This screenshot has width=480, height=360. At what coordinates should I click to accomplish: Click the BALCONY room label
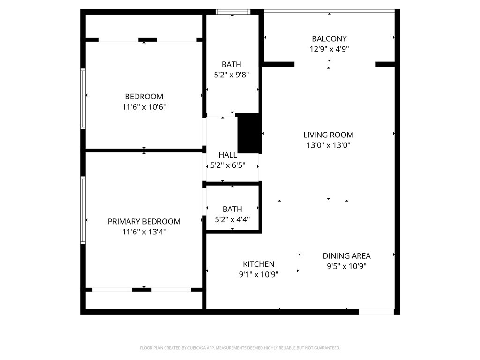click(x=329, y=39)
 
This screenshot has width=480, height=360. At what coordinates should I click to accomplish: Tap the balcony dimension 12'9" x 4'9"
click(x=329, y=49)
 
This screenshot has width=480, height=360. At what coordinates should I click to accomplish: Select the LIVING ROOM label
click(x=328, y=135)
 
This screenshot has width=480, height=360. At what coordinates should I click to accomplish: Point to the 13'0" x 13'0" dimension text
click(x=328, y=145)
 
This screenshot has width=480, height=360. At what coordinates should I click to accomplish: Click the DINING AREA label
click(x=346, y=256)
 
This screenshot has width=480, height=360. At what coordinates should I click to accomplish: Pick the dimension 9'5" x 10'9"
click(x=346, y=266)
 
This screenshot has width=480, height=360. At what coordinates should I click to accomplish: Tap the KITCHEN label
click(x=258, y=264)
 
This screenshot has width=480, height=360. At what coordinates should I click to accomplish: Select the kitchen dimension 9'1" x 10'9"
click(x=258, y=275)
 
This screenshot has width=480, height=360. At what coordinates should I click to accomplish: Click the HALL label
click(x=228, y=155)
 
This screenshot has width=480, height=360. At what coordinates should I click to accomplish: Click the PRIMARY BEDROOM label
click(x=144, y=222)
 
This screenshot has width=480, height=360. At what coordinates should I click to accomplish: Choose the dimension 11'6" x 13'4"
click(x=144, y=232)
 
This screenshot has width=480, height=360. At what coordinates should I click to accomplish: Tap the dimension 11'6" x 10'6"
click(x=144, y=107)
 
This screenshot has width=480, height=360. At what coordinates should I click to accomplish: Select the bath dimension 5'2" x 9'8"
click(x=232, y=75)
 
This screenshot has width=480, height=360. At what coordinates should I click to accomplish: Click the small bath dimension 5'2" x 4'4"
click(x=232, y=219)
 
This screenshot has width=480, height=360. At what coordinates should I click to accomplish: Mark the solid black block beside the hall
click(x=249, y=133)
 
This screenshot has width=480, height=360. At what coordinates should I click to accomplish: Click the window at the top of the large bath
click(x=232, y=12)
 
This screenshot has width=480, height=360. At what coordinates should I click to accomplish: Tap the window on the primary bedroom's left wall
click(x=83, y=210)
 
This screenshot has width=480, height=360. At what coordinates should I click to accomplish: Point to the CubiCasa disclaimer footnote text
click(x=240, y=348)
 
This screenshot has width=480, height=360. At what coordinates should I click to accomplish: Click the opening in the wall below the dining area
click(x=376, y=312)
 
